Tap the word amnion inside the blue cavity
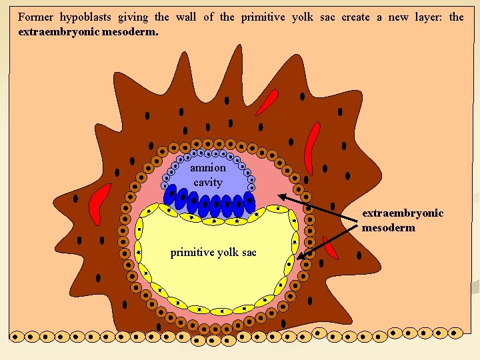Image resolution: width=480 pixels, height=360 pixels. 208,169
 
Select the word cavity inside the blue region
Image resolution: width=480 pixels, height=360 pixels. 208,182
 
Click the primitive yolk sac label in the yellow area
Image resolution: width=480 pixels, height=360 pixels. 213,253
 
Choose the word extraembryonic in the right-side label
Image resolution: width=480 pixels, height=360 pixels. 403,213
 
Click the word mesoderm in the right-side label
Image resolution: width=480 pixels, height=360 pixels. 389,227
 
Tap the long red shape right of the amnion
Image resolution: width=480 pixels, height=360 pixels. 311,147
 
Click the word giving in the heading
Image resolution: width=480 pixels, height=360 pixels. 137,17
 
